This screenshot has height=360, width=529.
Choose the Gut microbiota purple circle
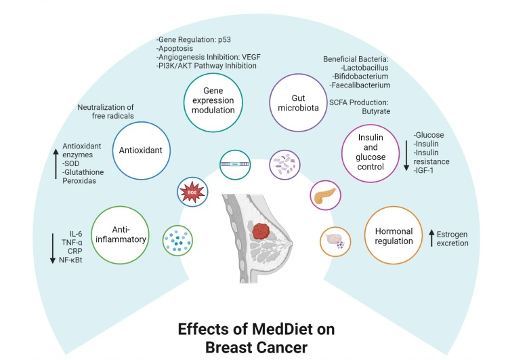click(x=298, y=105)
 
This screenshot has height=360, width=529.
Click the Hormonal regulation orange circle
click(x=394, y=236)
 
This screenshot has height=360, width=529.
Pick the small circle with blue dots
click(x=177, y=241)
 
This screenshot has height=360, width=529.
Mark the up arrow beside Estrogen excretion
click(x=431, y=238)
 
